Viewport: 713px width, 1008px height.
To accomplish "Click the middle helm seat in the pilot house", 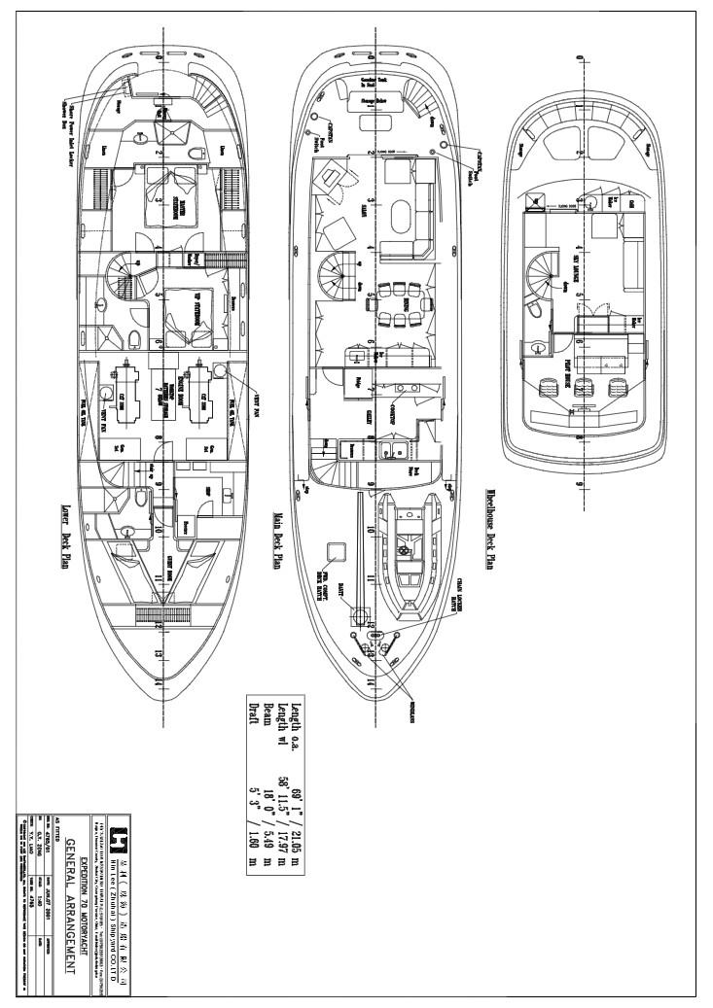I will point(584,387).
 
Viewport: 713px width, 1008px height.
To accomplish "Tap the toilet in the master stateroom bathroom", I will point(198,151).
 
